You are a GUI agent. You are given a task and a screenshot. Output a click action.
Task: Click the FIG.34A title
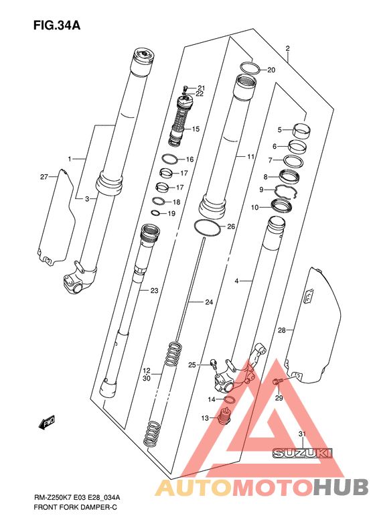click(x=57, y=25)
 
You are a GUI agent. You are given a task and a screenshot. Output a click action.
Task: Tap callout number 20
click(x=271, y=70)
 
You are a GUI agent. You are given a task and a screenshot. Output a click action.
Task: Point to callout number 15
click(x=196, y=129)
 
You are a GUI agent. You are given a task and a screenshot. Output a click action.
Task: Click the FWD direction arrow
click(x=47, y=422)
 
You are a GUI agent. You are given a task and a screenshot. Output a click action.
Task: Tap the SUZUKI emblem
click(x=303, y=453)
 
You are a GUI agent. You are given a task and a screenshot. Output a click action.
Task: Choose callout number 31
click(x=302, y=434)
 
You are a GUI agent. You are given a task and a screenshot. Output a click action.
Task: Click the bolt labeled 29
click(x=277, y=381)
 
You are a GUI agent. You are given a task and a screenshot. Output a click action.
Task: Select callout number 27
click(x=44, y=177)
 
